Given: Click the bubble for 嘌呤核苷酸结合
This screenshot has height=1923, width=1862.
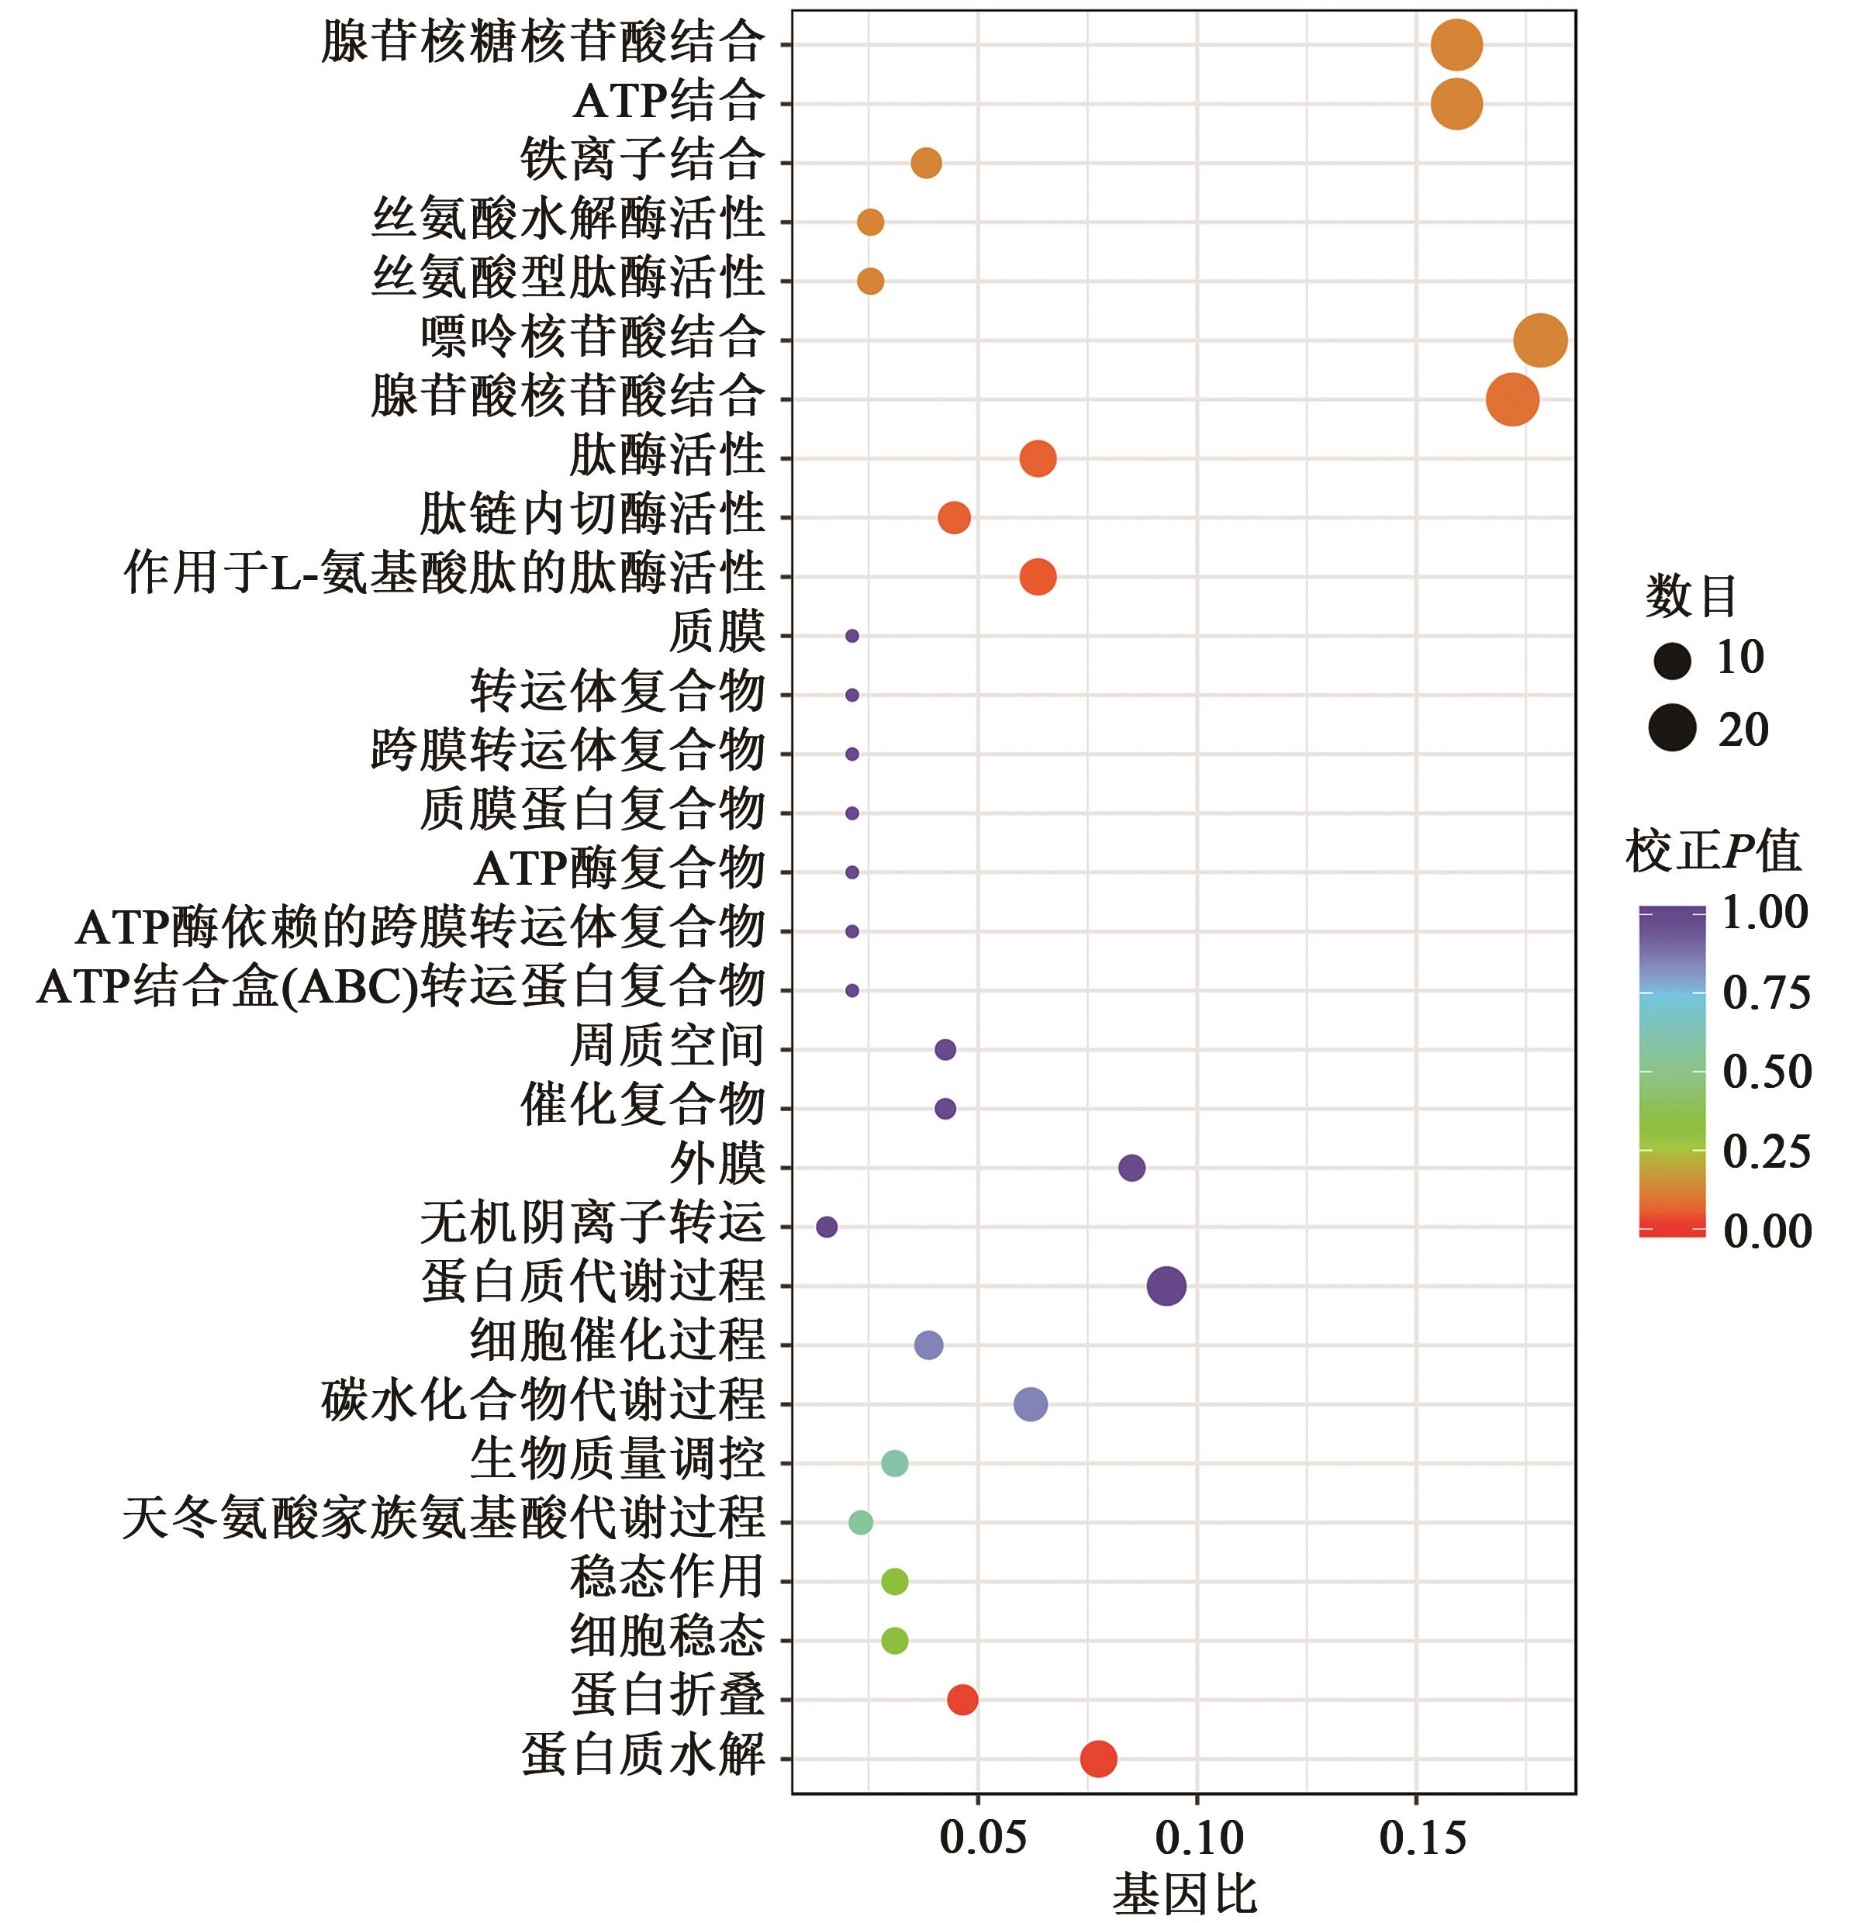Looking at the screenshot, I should click(x=1539, y=340).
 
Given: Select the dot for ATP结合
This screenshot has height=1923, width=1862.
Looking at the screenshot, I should click(x=1456, y=104).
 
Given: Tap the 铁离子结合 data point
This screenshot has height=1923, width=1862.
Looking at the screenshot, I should click(x=925, y=163).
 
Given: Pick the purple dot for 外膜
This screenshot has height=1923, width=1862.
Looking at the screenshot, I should click(x=1131, y=1168).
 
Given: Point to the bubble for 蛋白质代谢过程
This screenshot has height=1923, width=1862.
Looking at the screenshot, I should click(x=1166, y=1286).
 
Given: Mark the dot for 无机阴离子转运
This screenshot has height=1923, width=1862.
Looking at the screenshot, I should click(x=826, y=1227).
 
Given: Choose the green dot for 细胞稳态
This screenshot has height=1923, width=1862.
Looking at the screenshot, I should click(x=893, y=1641).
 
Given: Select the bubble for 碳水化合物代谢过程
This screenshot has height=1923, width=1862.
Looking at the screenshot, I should click(x=1029, y=1404).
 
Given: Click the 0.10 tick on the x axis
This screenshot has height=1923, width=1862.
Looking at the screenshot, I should click(x=1198, y=1837).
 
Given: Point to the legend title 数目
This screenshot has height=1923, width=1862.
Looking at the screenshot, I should click(x=1691, y=596).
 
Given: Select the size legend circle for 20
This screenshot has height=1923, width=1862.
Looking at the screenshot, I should click(x=1672, y=728).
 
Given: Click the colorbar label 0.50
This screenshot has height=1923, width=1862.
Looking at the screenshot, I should click(x=1766, y=1070).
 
